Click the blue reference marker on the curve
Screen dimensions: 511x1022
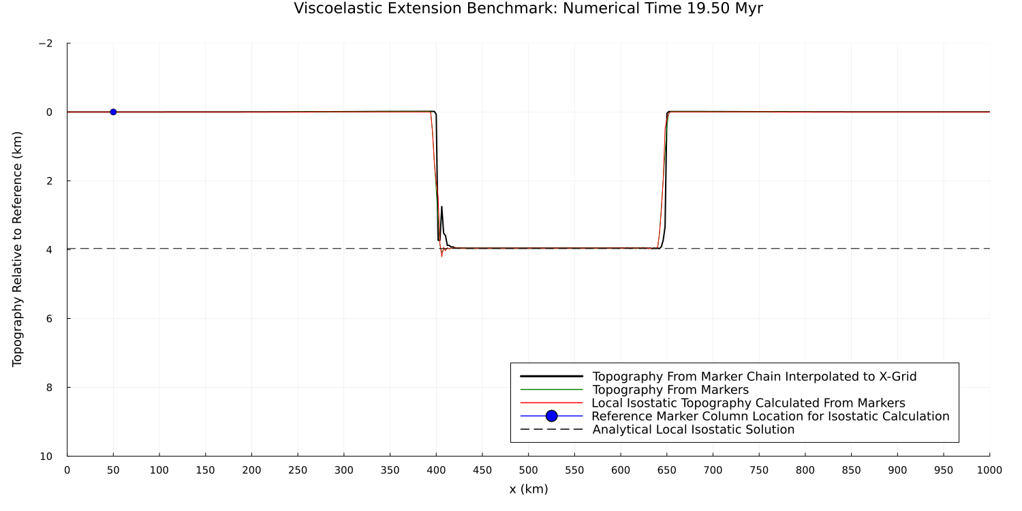(113, 112)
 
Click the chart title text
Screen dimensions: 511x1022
(528, 9)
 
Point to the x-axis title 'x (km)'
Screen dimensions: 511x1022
(528, 489)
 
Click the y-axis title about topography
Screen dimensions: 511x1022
(18, 249)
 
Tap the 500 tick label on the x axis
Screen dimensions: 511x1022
(528, 470)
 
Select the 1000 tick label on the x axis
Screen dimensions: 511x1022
(989, 470)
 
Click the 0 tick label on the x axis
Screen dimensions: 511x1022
(67, 470)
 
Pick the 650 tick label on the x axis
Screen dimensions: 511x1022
(666, 470)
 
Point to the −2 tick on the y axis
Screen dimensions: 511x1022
(46, 44)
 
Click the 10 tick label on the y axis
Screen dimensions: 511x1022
(46, 456)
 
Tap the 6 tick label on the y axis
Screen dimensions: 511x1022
(49, 319)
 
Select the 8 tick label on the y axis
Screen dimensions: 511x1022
(49, 388)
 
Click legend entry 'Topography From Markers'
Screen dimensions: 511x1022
(670, 390)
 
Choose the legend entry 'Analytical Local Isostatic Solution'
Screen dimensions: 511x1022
(693, 429)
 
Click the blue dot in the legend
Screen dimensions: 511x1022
(551, 416)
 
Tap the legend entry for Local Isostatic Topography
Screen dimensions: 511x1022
(748, 403)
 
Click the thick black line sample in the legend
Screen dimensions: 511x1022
(551, 376)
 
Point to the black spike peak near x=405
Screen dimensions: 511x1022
(442, 207)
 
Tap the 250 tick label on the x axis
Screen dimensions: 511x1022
(298, 470)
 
